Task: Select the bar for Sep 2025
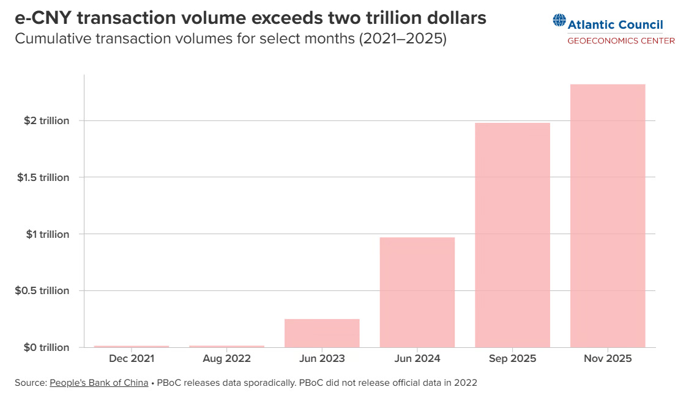pyautogui.click(x=512, y=235)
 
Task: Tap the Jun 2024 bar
pyautogui.click(x=417, y=292)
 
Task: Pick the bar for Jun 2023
pyautogui.click(x=322, y=333)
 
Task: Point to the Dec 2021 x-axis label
pyautogui.click(x=132, y=359)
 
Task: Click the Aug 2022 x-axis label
pyautogui.click(x=226, y=359)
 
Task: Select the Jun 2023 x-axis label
pyautogui.click(x=322, y=359)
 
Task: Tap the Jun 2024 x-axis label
pyautogui.click(x=417, y=359)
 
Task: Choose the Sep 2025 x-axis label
pyautogui.click(x=512, y=359)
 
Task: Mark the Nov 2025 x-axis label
pyautogui.click(x=607, y=359)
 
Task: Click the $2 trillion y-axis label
pyautogui.click(x=47, y=121)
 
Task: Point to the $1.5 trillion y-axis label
pyautogui.click(x=43, y=178)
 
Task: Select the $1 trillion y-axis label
pyautogui.click(x=47, y=234)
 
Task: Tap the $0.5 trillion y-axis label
pyautogui.click(x=42, y=291)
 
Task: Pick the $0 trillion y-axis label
pyautogui.click(x=47, y=347)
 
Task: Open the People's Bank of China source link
pyautogui.click(x=99, y=383)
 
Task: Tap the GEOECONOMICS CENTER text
pyautogui.click(x=621, y=41)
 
